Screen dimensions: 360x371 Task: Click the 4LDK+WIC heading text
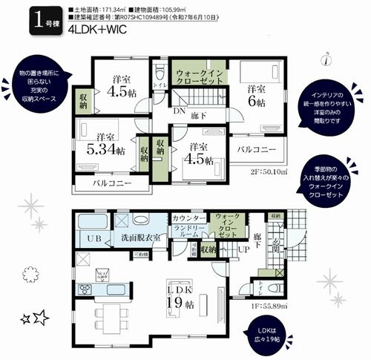(x=99, y=32)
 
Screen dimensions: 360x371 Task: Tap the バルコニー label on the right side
(x=256, y=150)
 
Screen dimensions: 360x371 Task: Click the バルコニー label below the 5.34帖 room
(x=111, y=183)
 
